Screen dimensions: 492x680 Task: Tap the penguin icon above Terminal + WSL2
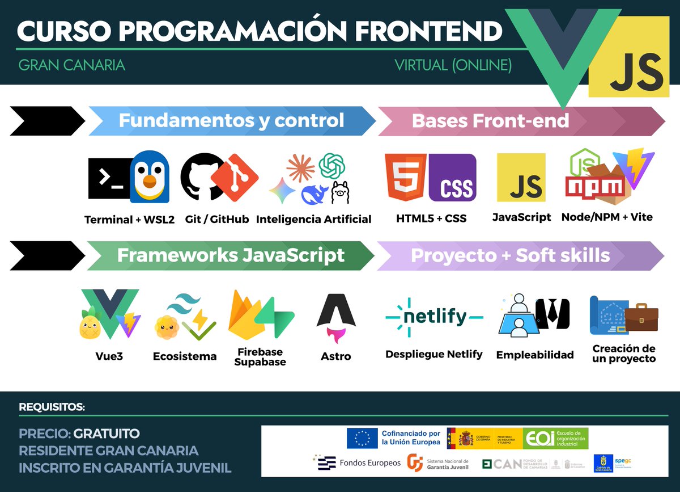[150, 177]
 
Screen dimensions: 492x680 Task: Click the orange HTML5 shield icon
[405, 178]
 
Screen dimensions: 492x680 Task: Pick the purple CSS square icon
[453, 178]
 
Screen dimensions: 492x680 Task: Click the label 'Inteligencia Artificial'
[313, 219]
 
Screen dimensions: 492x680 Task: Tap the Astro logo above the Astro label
[336, 318]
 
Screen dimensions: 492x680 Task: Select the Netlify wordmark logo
[434, 317]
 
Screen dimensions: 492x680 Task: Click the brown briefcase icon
[641, 317]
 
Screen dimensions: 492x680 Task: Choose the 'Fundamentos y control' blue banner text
[231, 120]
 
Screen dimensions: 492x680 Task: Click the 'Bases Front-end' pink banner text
[490, 120]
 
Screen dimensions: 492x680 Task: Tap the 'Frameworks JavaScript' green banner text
[231, 255]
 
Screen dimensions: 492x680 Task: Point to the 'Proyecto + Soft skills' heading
[510, 255]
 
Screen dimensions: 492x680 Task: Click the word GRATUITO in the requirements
[107, 434]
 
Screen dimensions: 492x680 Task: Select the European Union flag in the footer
[362, 438]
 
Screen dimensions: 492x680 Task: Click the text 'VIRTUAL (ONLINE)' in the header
[453, 65]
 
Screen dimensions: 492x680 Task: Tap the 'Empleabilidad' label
[534, 355]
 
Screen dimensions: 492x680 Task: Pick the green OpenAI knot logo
[332, 166]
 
